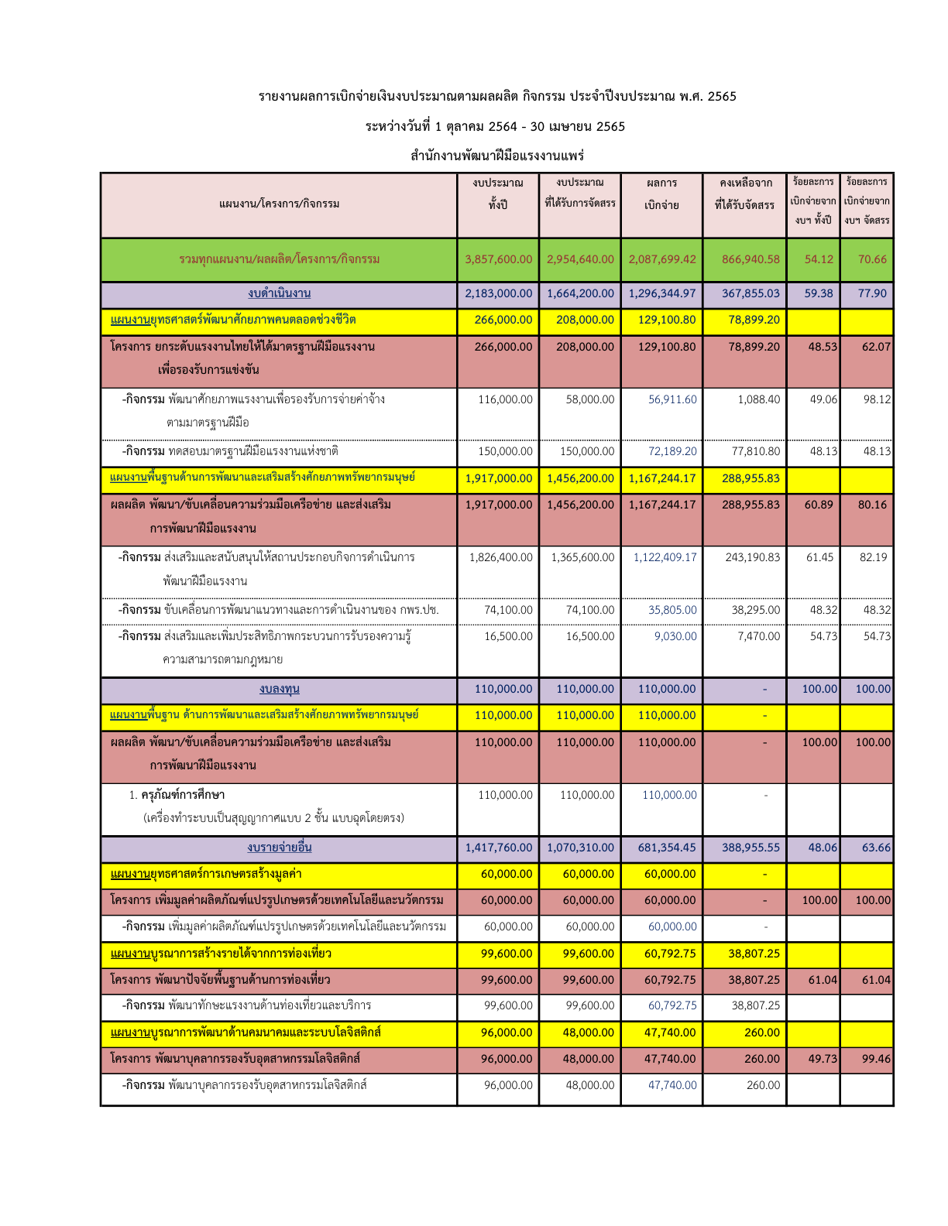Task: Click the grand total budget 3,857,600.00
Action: pyautogui.click(x=498, y=259)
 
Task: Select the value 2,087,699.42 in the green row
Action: pyautogui.click(x=661, y=259)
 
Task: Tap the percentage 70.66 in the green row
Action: pyautogui.click(x=872, y=259)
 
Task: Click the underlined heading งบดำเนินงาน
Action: pyautogui.click(x=279, y=293)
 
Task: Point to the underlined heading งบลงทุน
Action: pyautogui.click(x=279, y=689)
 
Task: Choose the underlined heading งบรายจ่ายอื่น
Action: pyautogui.click(x=279, y=848)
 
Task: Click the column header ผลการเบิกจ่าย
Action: pyautogui.click(x=661, y=194)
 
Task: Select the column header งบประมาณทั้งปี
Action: pyautogui.click(x=498, y=193)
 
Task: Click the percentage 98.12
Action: pyautogui.click(x=877, y=399)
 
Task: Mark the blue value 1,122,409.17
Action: pyautogui.click(x=665, y=557)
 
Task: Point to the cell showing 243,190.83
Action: pyautogui.click(x=752, y=557)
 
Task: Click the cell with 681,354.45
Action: pyautogui.click(x=667, y=848)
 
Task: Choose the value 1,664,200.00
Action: pyautogui.click(x=580, y=293)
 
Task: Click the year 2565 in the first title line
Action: pyautogui.click(x=722, y=97)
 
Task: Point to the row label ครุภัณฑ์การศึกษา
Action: pyautogui.click(x=183, y=795)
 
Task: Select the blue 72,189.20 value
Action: pyautogui.click(x=672, y=451)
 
